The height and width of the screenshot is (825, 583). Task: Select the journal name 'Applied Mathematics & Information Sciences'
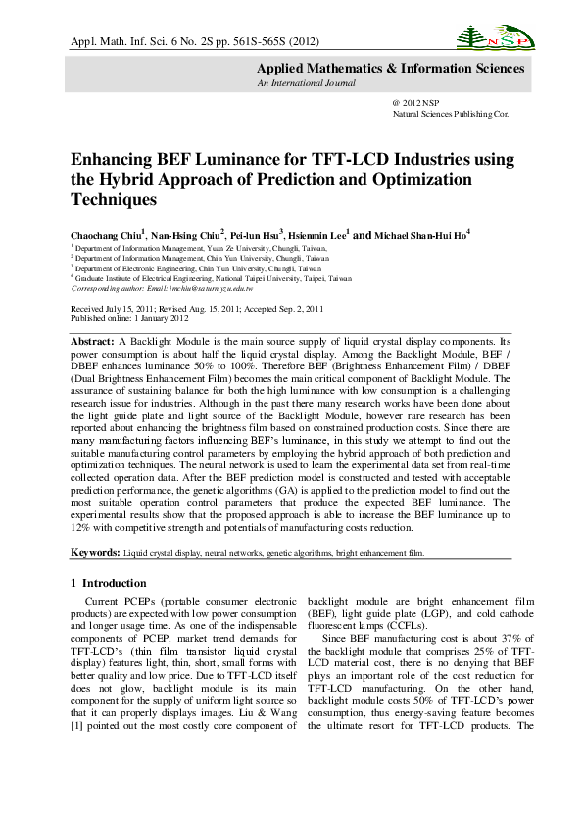[x=390, y=69]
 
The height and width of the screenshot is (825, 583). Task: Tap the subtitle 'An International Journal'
[x=300, y=84]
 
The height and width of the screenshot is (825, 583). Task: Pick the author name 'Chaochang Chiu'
[x=106, y=236]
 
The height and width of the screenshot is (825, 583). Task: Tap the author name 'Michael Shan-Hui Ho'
[x=421, y=236]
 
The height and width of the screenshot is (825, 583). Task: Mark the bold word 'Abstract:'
[x=92, y=339]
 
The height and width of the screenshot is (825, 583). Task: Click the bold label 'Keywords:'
[x=94, y=553]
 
